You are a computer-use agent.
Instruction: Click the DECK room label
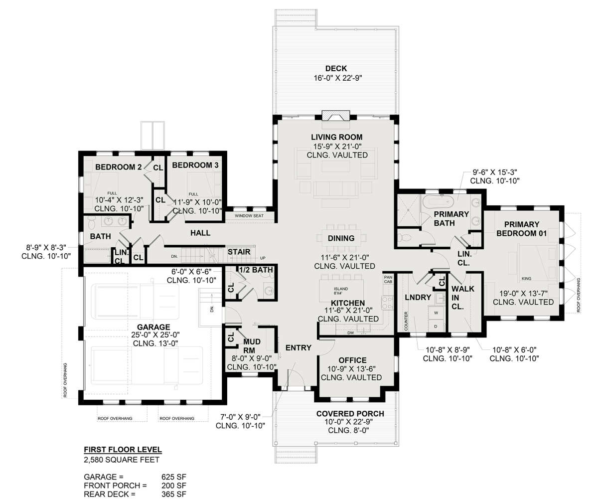click(x=336, y=68)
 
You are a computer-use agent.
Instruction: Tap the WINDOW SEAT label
click(x=249, y=216)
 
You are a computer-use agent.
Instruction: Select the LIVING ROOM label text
click(x=337, y=137)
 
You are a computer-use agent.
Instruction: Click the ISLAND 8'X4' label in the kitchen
click(x=341, y=291)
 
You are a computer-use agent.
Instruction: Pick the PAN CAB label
click(x=388, y=279)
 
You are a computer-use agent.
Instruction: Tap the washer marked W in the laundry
click(x=436, y=313)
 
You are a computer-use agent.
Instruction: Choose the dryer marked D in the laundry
click(x=436, y=327)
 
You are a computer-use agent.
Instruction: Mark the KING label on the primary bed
click(x=526, y=278)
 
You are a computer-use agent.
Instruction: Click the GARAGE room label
click(x=153, y=327)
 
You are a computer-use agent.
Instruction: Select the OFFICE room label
click(x=352, y=360)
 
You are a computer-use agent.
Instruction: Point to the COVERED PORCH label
click(x=350, y=414)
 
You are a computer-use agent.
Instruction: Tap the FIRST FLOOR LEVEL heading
click(x=123, y=450)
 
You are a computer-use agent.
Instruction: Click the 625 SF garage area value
click(x=173, y=477)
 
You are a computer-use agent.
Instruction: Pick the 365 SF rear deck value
click(x=173, y=494)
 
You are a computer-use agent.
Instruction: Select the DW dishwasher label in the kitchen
click(x=350, y=333)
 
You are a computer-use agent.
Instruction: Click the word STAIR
click(x=239, y=252)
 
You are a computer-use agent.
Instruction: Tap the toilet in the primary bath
click(x=405, y=237)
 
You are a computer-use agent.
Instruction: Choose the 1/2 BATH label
click(x=256, y=270)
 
